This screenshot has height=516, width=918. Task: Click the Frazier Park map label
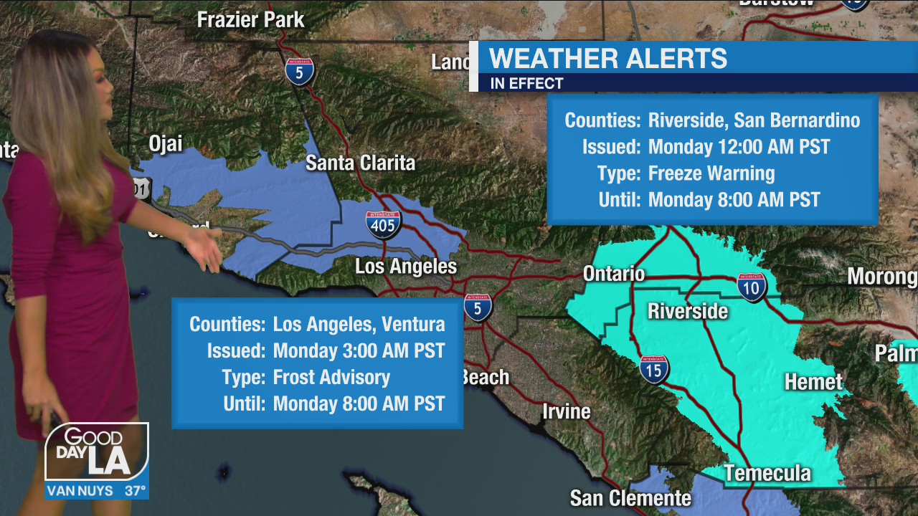[250, 19]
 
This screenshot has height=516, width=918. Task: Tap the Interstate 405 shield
[383, 224]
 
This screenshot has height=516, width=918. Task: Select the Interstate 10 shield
[751, 287]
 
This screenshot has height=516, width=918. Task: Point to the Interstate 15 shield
[654, 369]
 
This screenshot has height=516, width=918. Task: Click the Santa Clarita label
[360, 163]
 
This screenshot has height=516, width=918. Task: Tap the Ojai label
[165, 143]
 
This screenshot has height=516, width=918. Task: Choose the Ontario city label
[613, 274]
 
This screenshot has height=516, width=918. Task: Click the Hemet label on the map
[813, 382]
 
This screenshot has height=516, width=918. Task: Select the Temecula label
[767, 473]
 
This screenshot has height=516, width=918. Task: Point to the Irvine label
[566, 411]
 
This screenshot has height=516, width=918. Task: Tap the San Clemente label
[630, 498]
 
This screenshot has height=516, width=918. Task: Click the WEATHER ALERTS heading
[607, 58]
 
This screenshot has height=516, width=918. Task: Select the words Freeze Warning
[711, 173]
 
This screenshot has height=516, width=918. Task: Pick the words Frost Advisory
[331, 377]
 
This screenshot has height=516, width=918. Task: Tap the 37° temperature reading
[136, 491]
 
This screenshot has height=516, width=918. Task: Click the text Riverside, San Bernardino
[754, 120]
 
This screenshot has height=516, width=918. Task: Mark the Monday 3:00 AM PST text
[359, 350]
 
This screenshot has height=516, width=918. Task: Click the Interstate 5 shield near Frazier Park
[299, 72]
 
